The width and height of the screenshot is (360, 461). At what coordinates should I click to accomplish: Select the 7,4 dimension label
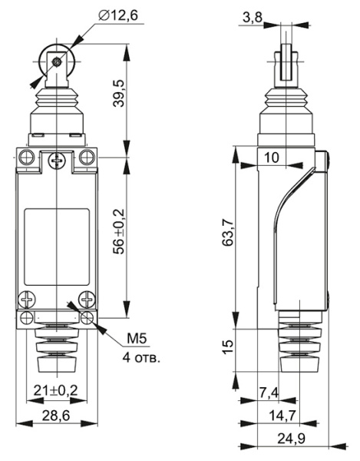pos(269,393)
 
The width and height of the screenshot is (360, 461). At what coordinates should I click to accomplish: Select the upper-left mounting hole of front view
pos(27,158)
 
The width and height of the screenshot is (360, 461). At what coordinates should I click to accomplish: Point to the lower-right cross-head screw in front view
pos(88,300)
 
